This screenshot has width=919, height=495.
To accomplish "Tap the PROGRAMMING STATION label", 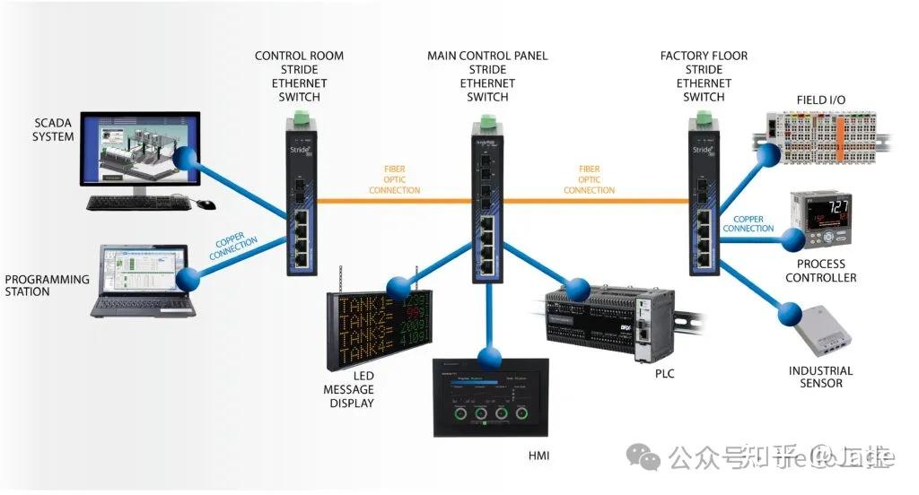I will [x=48, y=285].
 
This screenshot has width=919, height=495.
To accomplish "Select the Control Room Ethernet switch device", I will [x=299, y=202].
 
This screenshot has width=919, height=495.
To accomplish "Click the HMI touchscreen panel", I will [x=489, y=400].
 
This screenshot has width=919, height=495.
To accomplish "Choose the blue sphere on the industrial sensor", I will [x=790, y=313].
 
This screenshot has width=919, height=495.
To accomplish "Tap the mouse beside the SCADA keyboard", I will [x=206, y=204].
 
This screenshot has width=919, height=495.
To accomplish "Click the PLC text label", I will [x=665, y=373].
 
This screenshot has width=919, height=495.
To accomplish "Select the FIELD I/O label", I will [x=821, y=99].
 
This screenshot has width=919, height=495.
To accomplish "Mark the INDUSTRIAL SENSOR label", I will [x=820, y=377].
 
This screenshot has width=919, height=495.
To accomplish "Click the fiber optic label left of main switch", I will [x=394, y=179].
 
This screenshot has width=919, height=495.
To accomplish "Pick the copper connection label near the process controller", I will [x=748, y=223].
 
